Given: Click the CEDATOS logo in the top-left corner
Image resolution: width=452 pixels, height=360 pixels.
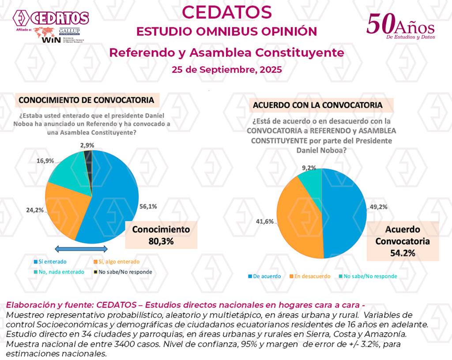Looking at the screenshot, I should (51, 19).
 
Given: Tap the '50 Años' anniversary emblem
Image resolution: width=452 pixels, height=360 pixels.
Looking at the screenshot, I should (400, 26).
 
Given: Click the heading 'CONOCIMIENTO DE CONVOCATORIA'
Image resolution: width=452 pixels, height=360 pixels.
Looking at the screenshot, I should (86, 100).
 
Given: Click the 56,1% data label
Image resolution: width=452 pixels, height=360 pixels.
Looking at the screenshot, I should (149, 206).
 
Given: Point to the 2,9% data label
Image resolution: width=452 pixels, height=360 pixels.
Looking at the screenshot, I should (87, 144).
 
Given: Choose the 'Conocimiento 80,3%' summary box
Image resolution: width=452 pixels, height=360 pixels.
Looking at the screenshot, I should (161, 235).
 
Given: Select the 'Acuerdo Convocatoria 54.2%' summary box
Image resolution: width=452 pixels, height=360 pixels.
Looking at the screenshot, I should (403, 241).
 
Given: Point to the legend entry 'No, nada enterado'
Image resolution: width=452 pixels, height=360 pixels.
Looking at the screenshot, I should (59, 272).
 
